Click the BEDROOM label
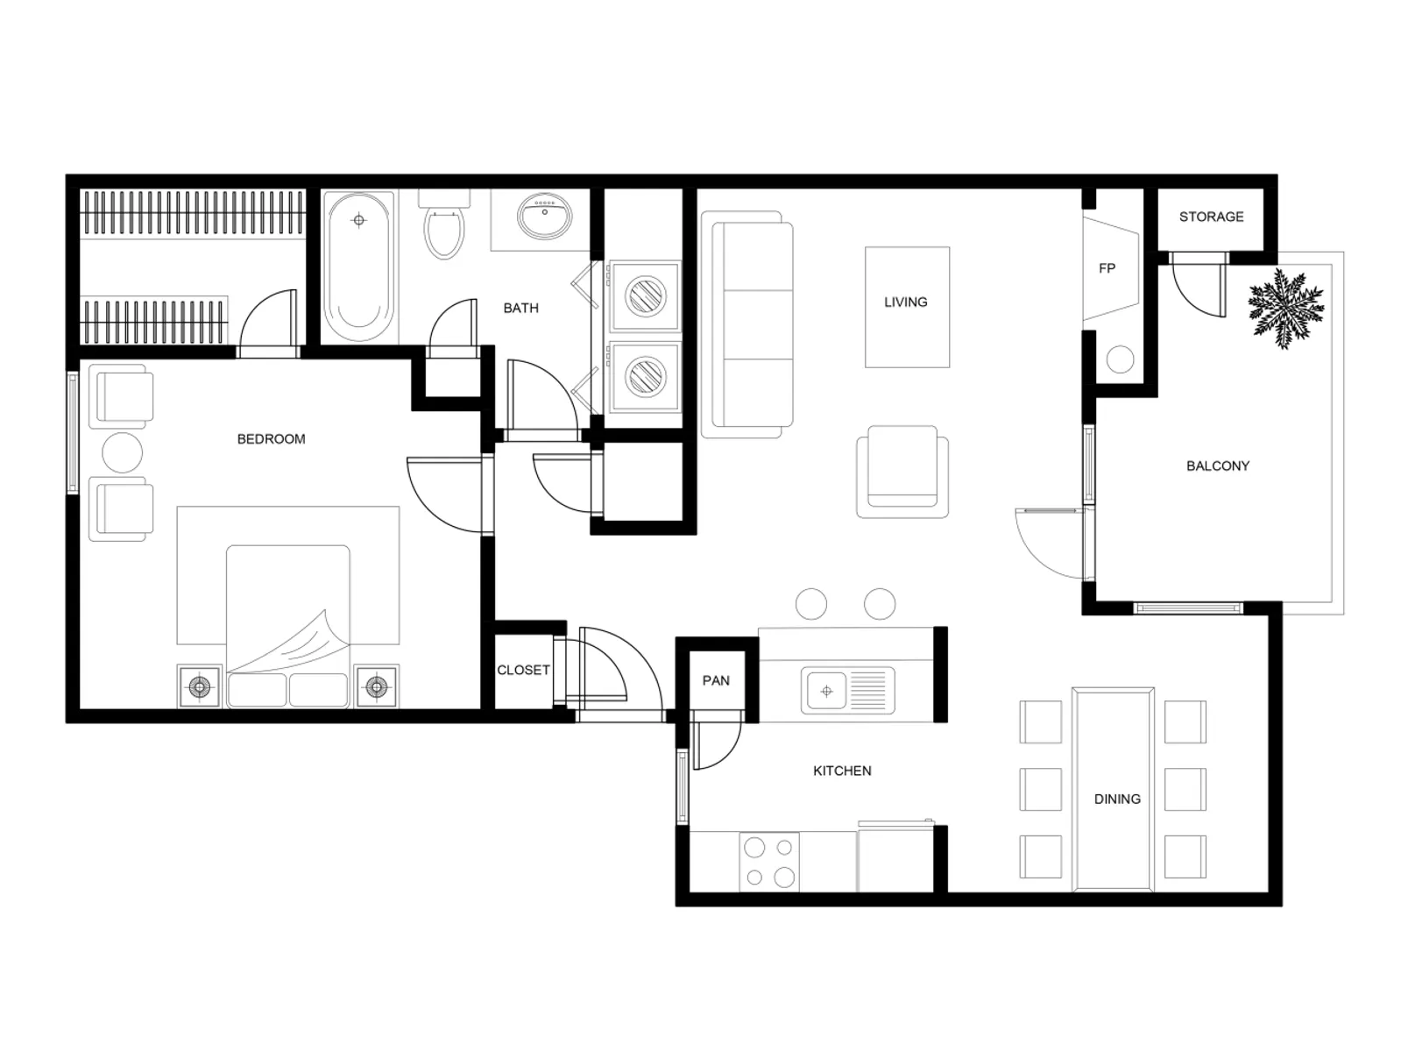click(x=271, y=439)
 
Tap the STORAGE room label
click(x=1211, y=217)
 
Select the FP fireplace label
click(x=1107, y=268)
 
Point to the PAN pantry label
click(x=716, y=680)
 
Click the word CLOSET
click(x=523, y=670)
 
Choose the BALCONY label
click(x=1217, y=466)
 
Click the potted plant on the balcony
click(x=1285, y=308)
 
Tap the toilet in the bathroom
click(x=444, y=229)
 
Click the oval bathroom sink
click(x=544, y=215)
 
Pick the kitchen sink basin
click(x=825, y=691)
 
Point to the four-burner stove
click(x=768, y=861)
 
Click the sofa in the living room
click(x=752, y=324)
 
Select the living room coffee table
click(x=907, y=307)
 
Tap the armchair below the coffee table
click(x=902, y=473)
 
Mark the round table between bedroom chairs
click(x=122, y=453)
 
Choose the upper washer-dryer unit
click(x=645, y=295)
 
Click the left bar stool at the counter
click(x=811, y=604)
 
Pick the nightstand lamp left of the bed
click(x=200, y=686)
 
